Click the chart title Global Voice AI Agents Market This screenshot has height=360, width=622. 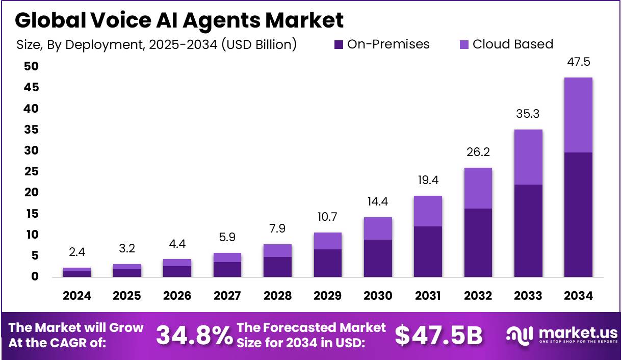click(x=179, y=20)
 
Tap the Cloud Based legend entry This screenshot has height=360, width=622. click(x=506, y=44)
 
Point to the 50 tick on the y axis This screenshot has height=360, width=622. click(x=31, y=67)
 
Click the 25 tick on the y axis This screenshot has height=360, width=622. click(x=31, y=172)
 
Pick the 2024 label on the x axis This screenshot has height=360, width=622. click(x=77, y=296)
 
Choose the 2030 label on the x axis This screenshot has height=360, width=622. click(x=378, y=296)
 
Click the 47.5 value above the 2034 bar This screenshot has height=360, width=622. click(x=578, y=62)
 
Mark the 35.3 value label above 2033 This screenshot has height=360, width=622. click(x=528, y=114)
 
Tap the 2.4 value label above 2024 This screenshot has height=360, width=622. click(x=77, y=252)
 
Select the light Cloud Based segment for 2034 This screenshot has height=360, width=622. click(x=578, y=115)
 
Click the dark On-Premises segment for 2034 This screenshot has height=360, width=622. click(x=578, y=214)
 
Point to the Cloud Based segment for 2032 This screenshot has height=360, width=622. click(x=478, y=188)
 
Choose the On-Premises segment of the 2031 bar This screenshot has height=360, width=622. click(x=428, y=251)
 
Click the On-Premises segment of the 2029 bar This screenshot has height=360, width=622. click(x=327, y=263)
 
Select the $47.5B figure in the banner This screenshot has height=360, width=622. click(x=438, y=335)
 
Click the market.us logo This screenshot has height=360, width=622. click(x=561, y=335)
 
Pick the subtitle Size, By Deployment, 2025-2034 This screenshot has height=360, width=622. click(x=157, y=45)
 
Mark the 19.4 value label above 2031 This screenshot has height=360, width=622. click(x=428, y=180)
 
